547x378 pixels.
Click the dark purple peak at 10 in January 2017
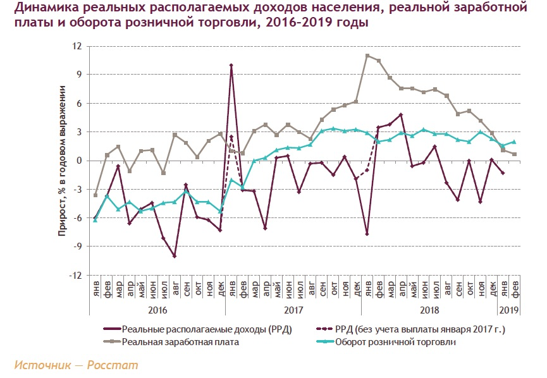coord(231,65)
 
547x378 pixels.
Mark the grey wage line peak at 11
coord(367,56)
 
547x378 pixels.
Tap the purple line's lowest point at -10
coord(175,256)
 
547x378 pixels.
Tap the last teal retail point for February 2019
coord(514,142)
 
